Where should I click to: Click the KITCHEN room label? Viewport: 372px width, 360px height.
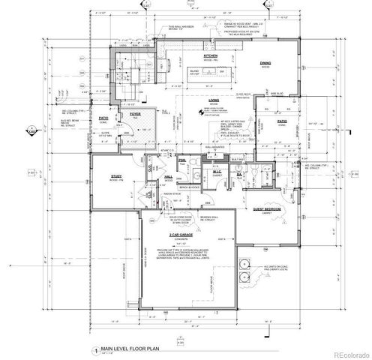click(x=210, y=56)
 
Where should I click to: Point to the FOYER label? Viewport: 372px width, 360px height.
click(x=135, y=114)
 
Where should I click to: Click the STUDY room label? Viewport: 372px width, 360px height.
click(x=116, y=177)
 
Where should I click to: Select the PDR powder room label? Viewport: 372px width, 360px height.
click(x=182, y=160)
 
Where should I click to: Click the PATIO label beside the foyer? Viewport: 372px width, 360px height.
click(x=105, y=117)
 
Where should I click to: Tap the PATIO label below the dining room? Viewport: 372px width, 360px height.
click(x=282, y=120)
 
